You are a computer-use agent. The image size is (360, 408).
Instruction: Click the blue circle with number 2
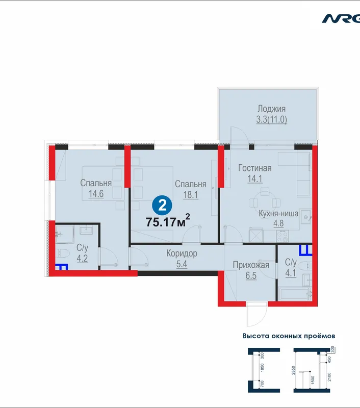click(x=162, y=206)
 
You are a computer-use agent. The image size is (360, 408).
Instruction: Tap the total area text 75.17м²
click(x=168, y=221)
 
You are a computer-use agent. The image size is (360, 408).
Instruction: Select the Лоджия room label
click(x=272, y=109)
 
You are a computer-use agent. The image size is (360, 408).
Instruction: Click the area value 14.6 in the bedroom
click(x=96, y=194)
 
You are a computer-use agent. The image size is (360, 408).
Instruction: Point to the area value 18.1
click(x=191, y=195)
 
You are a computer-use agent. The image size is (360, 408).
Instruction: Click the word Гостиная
click(x=255, y=168)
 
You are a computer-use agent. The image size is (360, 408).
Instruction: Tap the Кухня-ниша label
click(x=278, y=214)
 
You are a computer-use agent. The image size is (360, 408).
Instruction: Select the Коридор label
click(x=182, y=253)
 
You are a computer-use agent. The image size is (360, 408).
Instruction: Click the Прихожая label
click(x=251, y=265)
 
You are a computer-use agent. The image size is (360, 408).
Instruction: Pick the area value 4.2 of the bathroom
click(x=82, y=259)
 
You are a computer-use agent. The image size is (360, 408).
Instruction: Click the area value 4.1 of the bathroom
click(x=291, y=273)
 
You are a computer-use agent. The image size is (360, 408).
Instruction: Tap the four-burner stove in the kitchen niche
click(x=282, y=236)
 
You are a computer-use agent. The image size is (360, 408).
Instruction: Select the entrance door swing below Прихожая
click(x=257, y=314)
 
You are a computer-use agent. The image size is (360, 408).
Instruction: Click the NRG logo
click(x=341, y=18)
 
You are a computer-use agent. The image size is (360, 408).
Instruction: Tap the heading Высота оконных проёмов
click(x=289, y=336)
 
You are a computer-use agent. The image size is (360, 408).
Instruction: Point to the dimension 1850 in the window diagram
click(x=262, y=368)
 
